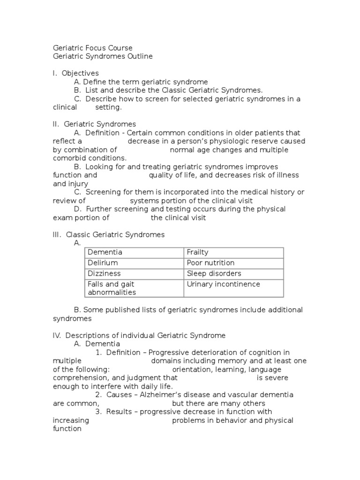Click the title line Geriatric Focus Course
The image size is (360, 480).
(92, 48)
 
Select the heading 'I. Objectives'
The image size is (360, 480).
(75, 73)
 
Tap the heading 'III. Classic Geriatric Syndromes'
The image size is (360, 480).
(108, 234)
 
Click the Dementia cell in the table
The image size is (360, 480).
(105, 252)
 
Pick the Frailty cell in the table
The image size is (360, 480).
(197, 252)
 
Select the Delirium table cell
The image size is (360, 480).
(103, 263)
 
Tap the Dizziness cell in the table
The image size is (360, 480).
(104, 273)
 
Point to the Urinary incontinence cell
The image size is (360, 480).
(223, 284)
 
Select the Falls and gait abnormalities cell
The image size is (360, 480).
(112, 288)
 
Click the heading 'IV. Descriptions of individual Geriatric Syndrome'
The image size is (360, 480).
(139, 336)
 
